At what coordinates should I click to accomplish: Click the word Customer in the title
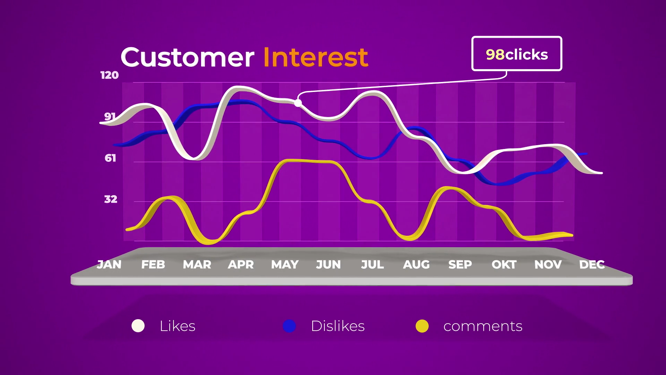pyautogui.click(x=187, y=57)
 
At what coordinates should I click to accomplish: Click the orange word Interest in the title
pyautogui.click(x=316, y=57)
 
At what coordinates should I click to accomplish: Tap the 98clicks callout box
pyautogui.click(x=517, y=54)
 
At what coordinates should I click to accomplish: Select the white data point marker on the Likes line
pyautogui.click(x=298, y=103)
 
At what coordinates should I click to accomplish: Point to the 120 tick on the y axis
pyautogui.click(x=110, y=75)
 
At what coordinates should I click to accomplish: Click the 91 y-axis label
pyautogui.click(x=110, y=117)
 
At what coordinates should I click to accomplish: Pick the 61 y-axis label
pyautogui.click(x=110, y=158)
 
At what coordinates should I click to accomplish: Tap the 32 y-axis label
pyautogui.click(x=111, y=199)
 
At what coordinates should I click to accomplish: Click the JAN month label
pyautogui.click(x=109, y=265)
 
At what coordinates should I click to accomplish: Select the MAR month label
pyautogui.click(x=197, y=265)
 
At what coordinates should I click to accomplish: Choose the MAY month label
pyautogui.click(x=285, y=265)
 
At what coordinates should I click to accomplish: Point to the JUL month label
pyautogui.click(x=373, y=265)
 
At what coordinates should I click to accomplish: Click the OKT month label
pyautogui.click(x=504, y=265)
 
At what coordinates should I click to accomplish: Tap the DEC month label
pyautogui.click(x=592, y=265)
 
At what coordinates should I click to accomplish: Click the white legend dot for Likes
pyautogui.click(x=138, y=326)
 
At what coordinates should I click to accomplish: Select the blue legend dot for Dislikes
pyautogui.click(x=289, y=326)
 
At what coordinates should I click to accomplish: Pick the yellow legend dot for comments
pyautogui.click(x=422, y=326)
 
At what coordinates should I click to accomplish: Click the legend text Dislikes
pyautogui.click(x=338, y=326)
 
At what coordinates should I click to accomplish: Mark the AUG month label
pyautogui.click(x=416, y=265)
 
